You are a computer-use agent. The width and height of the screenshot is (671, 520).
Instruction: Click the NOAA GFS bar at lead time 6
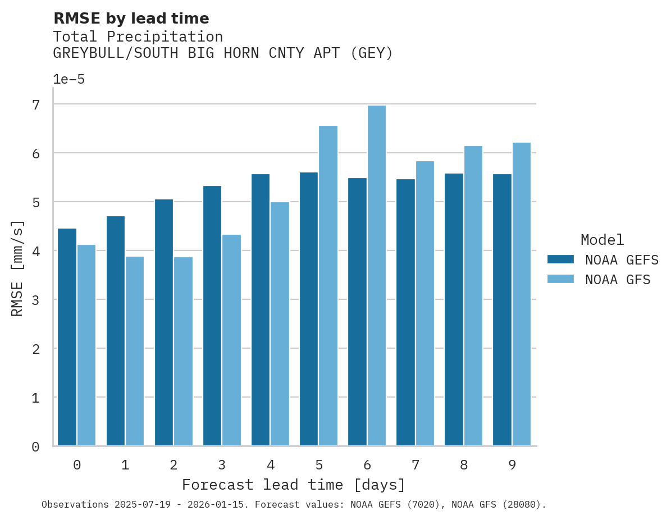(376, 276)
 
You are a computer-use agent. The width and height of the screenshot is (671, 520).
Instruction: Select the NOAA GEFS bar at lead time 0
(67, 337)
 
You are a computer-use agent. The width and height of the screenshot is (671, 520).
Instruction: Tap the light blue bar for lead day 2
(183, 352)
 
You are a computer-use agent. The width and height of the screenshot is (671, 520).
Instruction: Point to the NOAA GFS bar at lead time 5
(328, 286)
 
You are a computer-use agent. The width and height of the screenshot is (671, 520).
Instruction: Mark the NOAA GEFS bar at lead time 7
(405, 312)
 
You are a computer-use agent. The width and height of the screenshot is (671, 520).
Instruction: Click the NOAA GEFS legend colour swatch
(560, 259)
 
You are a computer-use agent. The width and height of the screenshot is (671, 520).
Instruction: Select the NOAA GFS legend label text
(618, 280)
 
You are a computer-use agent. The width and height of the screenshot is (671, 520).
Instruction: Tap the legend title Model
(602, 240)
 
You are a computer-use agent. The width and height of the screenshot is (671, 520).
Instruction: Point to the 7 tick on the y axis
(36, 105)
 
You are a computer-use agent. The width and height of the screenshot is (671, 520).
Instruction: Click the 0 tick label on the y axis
(36, 447)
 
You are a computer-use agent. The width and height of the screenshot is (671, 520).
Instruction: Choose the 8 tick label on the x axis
(463, 465)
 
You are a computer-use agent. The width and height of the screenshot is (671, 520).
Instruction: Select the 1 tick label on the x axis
(125, 465)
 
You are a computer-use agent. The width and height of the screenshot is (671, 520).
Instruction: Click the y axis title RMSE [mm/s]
(18, 268)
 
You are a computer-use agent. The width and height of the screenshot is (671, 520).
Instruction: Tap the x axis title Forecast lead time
(293, 485)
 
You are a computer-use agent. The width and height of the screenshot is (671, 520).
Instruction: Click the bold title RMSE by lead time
(131, 19)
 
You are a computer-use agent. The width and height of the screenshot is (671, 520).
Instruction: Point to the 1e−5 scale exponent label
(69, 80)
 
